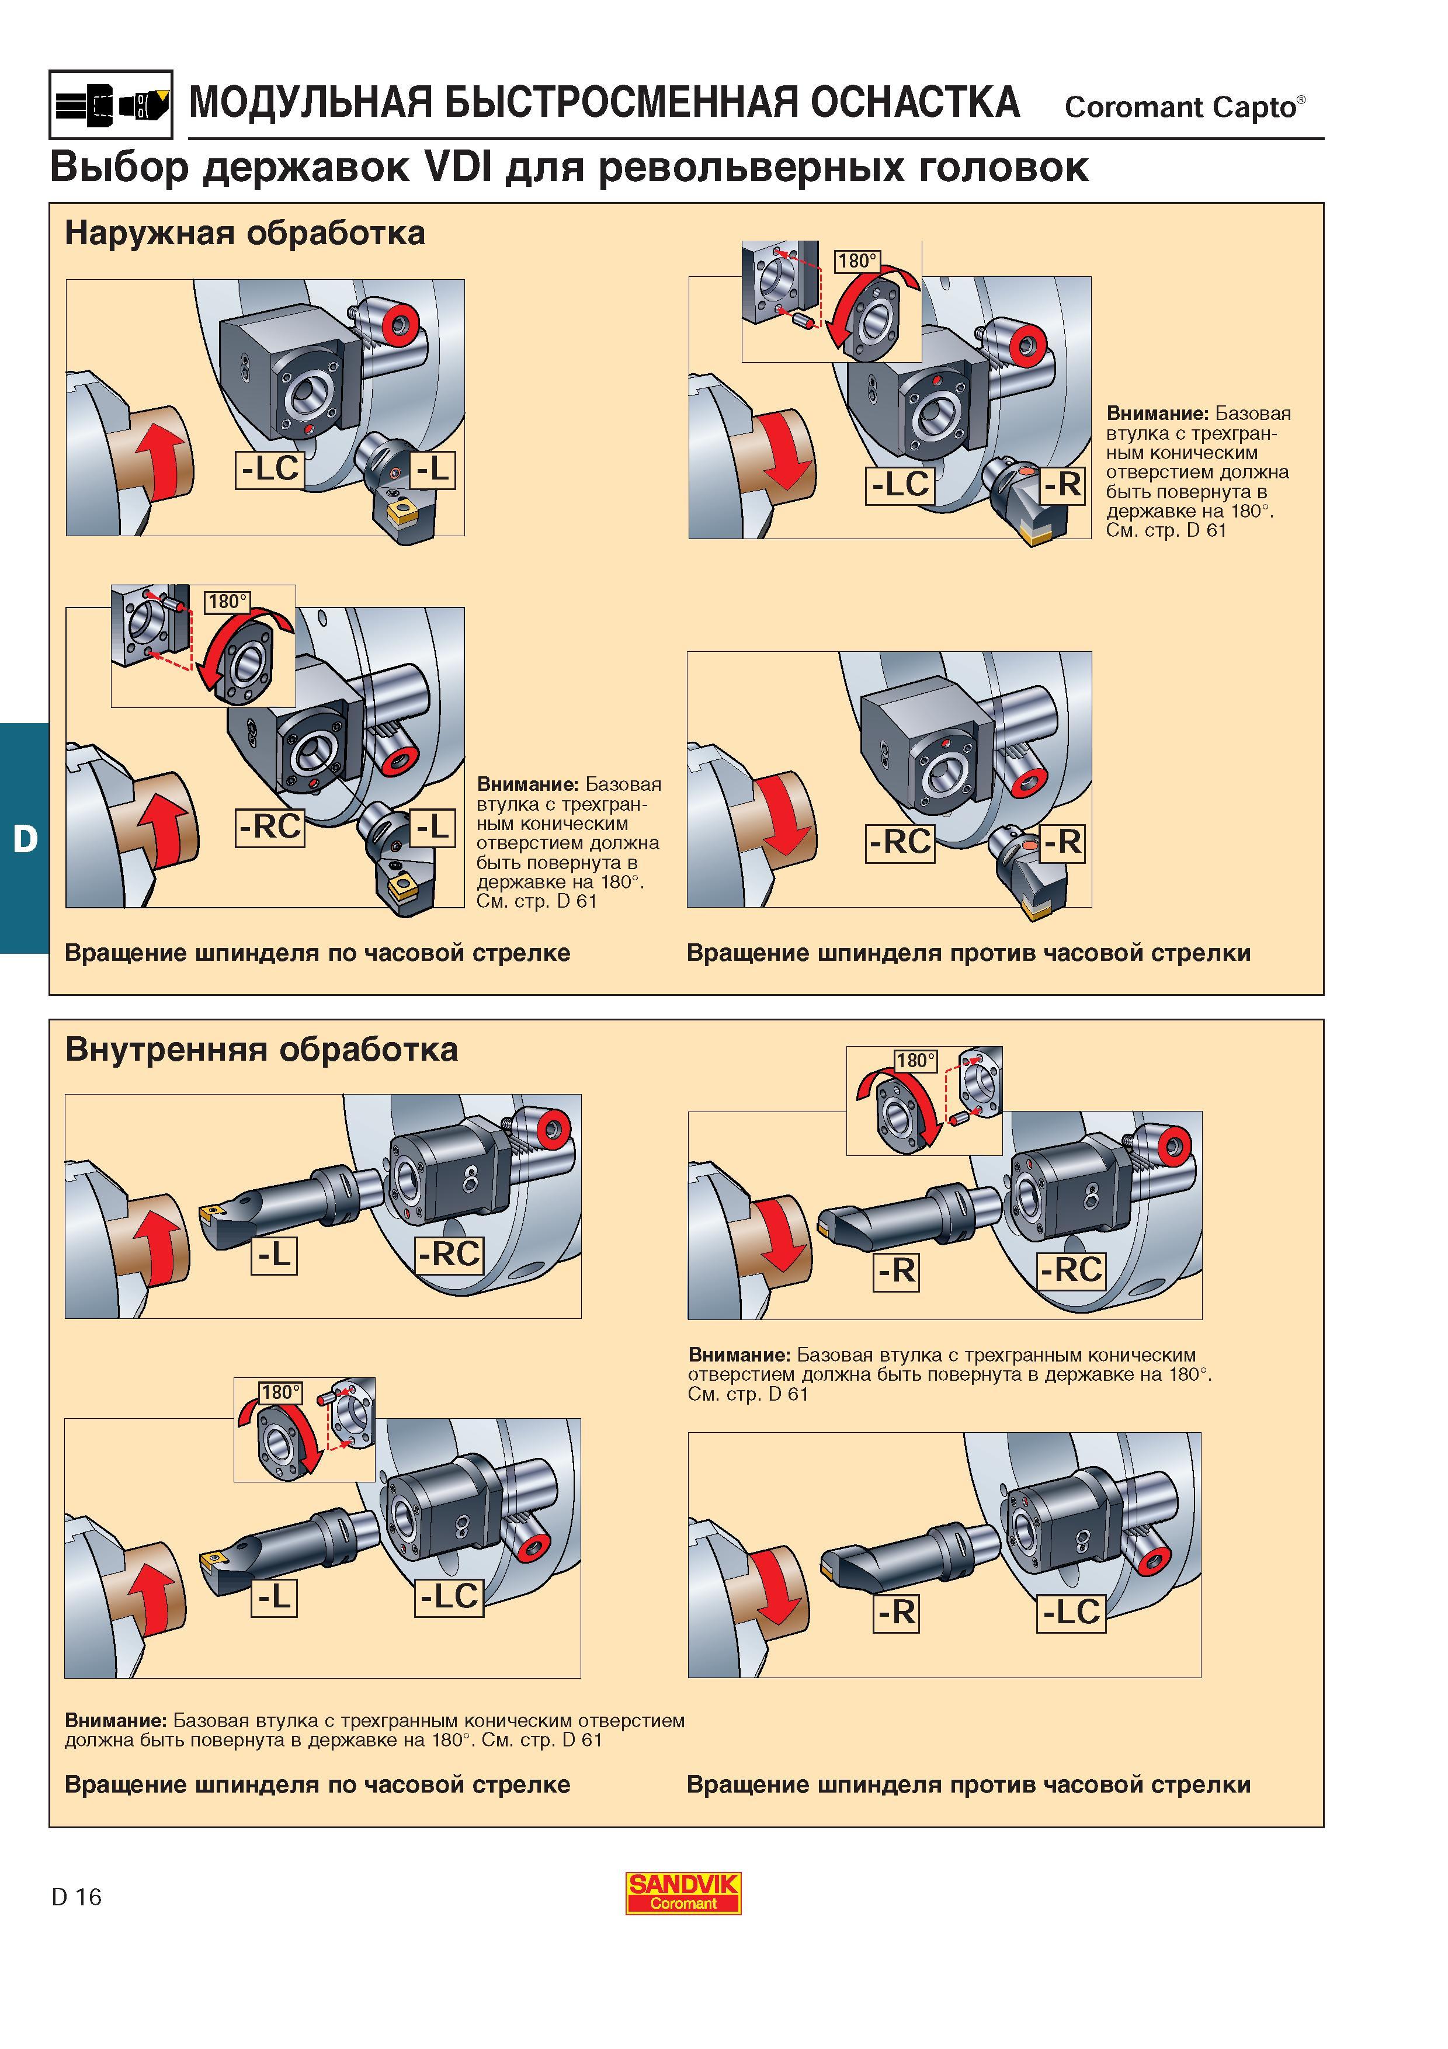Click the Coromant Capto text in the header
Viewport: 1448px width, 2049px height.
1184,107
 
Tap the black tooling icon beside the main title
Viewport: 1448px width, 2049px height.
110,105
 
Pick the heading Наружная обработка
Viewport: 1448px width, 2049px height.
245,234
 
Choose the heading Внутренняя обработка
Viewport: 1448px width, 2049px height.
262,1050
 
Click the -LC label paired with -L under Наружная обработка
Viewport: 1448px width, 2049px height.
269,468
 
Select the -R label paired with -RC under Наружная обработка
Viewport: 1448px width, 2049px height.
1062,842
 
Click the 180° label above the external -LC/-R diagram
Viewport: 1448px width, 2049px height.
856,261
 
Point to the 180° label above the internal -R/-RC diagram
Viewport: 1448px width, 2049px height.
915,1060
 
